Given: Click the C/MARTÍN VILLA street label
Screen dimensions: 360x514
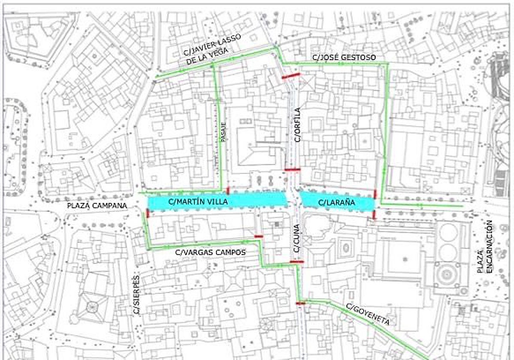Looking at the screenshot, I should point(197,201).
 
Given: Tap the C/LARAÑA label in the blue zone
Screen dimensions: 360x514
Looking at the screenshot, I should point(336,202).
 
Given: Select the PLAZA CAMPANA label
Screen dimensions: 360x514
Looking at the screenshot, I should point(97,206).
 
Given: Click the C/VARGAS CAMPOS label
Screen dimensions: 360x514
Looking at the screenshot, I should point(211,252).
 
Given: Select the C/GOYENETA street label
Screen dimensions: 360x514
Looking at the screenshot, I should point(368,314).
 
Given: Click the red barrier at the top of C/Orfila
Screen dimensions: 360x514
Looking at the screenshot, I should point(291,76).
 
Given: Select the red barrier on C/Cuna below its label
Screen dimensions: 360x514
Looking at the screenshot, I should point(296,261).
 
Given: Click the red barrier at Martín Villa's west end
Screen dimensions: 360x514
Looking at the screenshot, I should point(148,213).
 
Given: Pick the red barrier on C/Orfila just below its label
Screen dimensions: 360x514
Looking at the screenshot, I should point(293,170).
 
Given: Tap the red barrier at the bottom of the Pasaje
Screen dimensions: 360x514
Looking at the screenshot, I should point(228,190).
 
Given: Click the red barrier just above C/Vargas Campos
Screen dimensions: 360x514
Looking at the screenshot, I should point(258,236).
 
